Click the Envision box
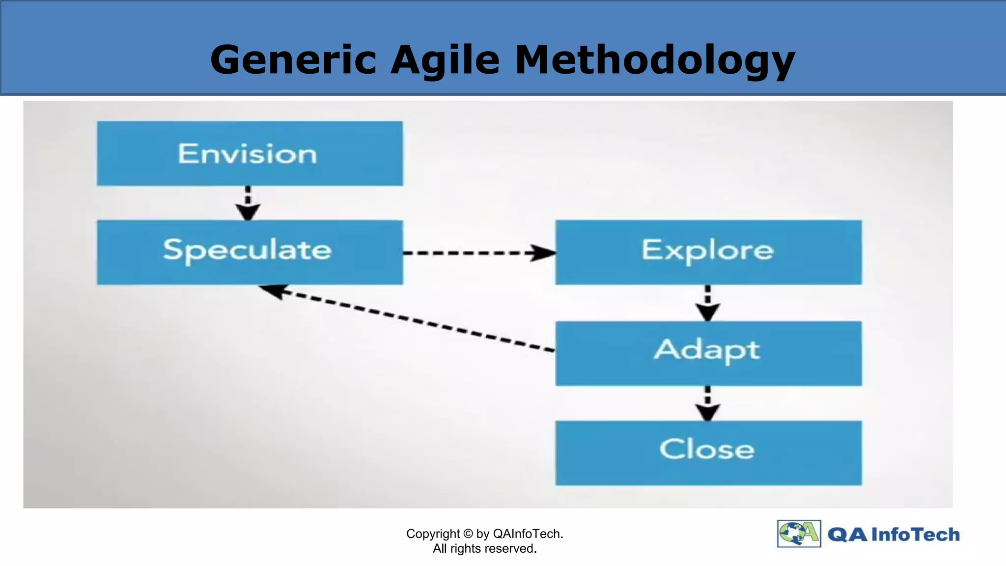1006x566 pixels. pos(250,154)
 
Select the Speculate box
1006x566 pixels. pos(250,252)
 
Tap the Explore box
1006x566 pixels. pos(708,252)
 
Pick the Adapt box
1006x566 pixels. pos(708,353)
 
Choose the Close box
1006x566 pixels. pos(708,453)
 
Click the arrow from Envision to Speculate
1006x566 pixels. pos(248,202)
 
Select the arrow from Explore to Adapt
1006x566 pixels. pos(708,303)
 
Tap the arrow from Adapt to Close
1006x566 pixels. pos(708,403)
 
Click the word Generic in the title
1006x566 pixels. pos(293,60)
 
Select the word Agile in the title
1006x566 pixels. pos(445,60)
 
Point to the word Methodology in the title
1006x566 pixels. pos(655,60)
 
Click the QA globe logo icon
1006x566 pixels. pos(799,534)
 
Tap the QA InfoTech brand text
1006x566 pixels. pos(894,535)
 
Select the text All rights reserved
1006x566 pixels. pos(484,549)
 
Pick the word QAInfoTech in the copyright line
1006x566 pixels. pos(528,534)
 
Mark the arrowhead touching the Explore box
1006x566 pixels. pos(543,253)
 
